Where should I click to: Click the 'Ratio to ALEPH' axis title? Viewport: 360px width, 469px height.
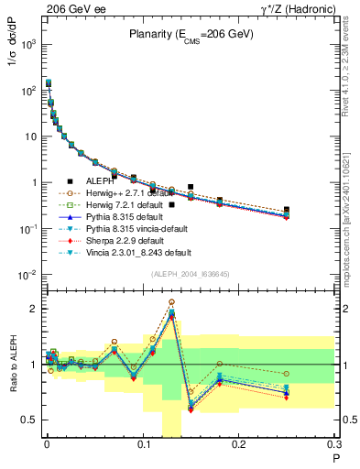pyautogui.click(x=12, y=364)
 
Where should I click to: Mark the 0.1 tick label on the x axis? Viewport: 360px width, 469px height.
pyautogui.click(x=142, y=446)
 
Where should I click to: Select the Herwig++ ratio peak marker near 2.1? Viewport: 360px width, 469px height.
pyautogui.click(x=171, y=301)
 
